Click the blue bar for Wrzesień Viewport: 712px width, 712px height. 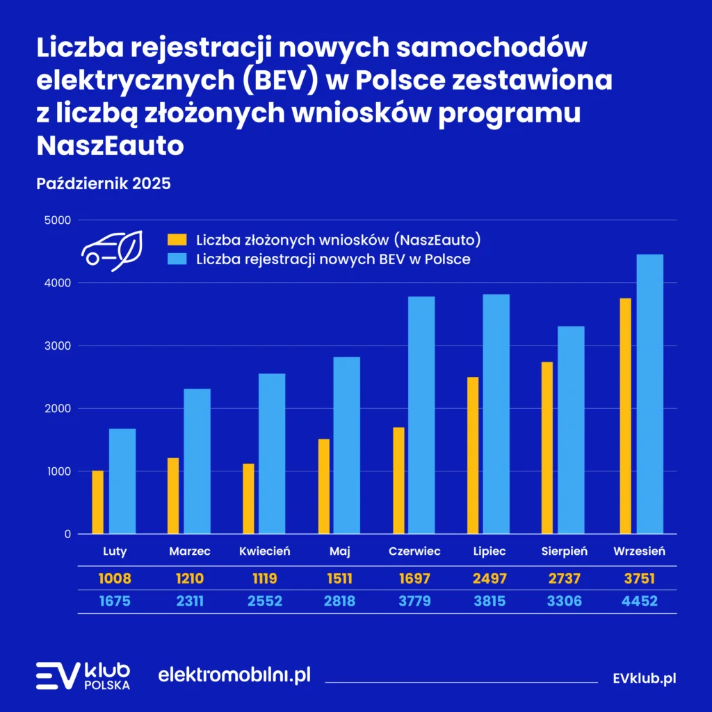649,394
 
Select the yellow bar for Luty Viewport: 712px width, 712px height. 97,502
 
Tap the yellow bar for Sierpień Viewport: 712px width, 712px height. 547,448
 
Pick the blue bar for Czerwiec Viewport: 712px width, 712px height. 421,415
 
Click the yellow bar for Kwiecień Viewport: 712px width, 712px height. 248,499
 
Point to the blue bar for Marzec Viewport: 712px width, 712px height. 197,461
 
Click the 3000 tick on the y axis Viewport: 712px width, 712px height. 58,346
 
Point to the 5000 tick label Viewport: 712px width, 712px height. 58,220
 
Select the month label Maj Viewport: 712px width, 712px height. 340,551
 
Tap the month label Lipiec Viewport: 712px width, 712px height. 489,551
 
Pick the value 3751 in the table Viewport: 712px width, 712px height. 640,578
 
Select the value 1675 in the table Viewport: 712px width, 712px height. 115,601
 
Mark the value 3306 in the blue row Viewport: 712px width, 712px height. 565,601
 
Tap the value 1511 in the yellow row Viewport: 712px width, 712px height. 340,578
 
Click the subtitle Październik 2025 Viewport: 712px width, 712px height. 103,184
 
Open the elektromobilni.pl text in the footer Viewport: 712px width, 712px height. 234,675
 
